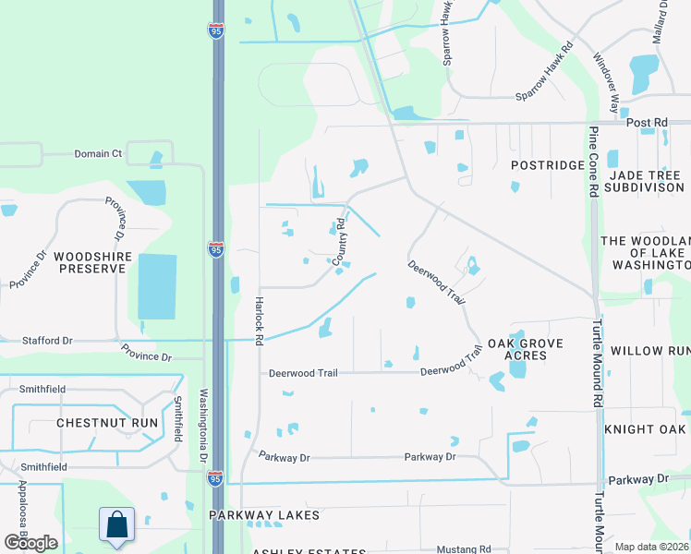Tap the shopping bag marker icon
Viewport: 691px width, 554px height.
coord(118,525)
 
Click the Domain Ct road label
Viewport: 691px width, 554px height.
coord(98,153)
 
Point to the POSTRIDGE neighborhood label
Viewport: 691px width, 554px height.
coord(548,165)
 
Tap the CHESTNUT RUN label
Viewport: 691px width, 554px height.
coord(106,422)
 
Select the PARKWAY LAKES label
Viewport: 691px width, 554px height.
coord(264,515)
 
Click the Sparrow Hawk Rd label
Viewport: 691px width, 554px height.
coord(545,69)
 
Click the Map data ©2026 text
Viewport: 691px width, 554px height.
coord(652,547)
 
